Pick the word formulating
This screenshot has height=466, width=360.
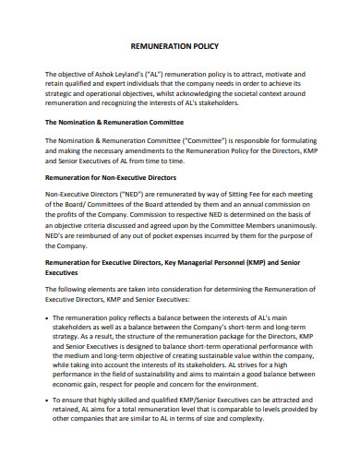click(287, 139)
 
